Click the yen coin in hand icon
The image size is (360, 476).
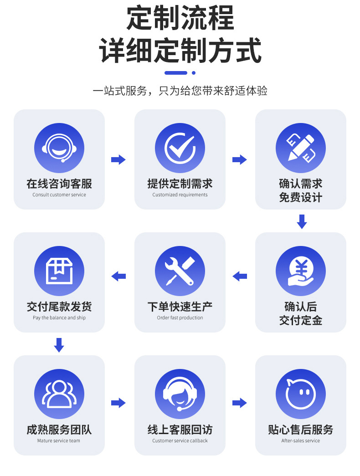[301, 271]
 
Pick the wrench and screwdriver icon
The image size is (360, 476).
[180, 271]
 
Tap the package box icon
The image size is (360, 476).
[59, 271]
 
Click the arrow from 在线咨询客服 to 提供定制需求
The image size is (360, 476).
[118, 159]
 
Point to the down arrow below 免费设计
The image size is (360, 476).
[302, 221]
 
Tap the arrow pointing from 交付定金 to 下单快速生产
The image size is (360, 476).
[240, 276]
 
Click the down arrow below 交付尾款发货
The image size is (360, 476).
[59, 345]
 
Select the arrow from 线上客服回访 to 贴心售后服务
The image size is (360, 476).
[240, 403]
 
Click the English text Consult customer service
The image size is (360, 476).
[59, 195]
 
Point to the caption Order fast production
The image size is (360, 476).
[180, 318]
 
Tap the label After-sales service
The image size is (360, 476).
[301, 441]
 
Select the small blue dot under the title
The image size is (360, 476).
[194, 73]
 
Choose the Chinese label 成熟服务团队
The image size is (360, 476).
[59, 430]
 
